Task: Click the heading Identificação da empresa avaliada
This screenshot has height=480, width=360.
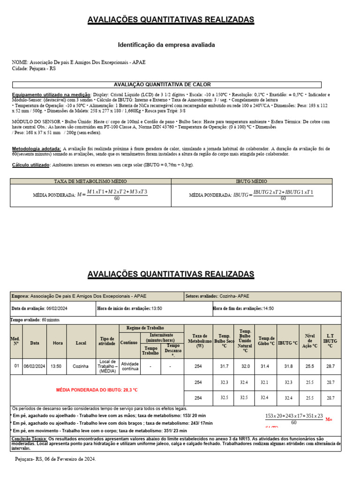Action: [x=166, y=45]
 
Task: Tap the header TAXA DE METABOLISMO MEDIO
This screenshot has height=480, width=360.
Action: [x=91, y=181]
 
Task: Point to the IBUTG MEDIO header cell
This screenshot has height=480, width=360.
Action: [x=251, y=181]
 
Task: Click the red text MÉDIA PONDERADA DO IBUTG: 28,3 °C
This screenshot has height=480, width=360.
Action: [x=97, y=390]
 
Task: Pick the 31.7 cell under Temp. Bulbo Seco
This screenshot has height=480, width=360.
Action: [x=224, y=366]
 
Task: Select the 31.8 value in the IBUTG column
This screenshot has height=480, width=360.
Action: [x=287, y=366]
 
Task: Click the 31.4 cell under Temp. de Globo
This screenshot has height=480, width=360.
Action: [x=264, y=366]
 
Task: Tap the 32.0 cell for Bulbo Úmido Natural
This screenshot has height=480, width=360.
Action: [x=245, y=366]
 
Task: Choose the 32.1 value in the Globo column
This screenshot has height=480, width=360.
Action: [x=264, y=382]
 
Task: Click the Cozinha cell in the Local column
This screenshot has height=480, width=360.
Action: [x=81, y=366]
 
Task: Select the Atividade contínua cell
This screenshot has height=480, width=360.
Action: [x=130, y=366]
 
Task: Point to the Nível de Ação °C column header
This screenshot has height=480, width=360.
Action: [x=310, y=343]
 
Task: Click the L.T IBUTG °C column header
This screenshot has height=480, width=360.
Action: [x=330, y=343]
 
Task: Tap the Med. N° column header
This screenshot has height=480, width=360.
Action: [x=16, y=343]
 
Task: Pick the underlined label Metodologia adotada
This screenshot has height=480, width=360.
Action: [x=36, y=149]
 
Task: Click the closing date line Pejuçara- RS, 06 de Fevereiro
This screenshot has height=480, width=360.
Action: [x=55, y=459]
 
